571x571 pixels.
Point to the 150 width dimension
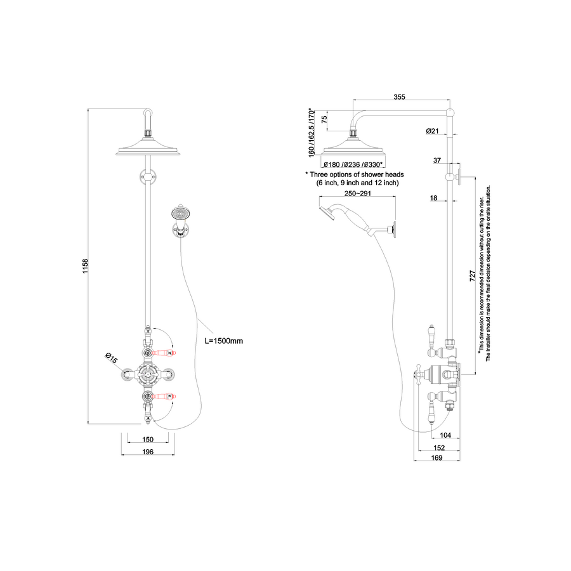(x=147, y=439)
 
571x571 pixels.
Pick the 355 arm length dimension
(x=399, y=97)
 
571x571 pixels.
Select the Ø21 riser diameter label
(x=433, y=131)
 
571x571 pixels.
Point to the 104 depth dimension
(x=445, y=435)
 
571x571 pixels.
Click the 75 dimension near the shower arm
(x=324, y=119)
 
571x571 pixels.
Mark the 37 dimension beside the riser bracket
(x=437, y=161)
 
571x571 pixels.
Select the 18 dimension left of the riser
(x=434, y=199)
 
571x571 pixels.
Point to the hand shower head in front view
(x=181, y=213)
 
